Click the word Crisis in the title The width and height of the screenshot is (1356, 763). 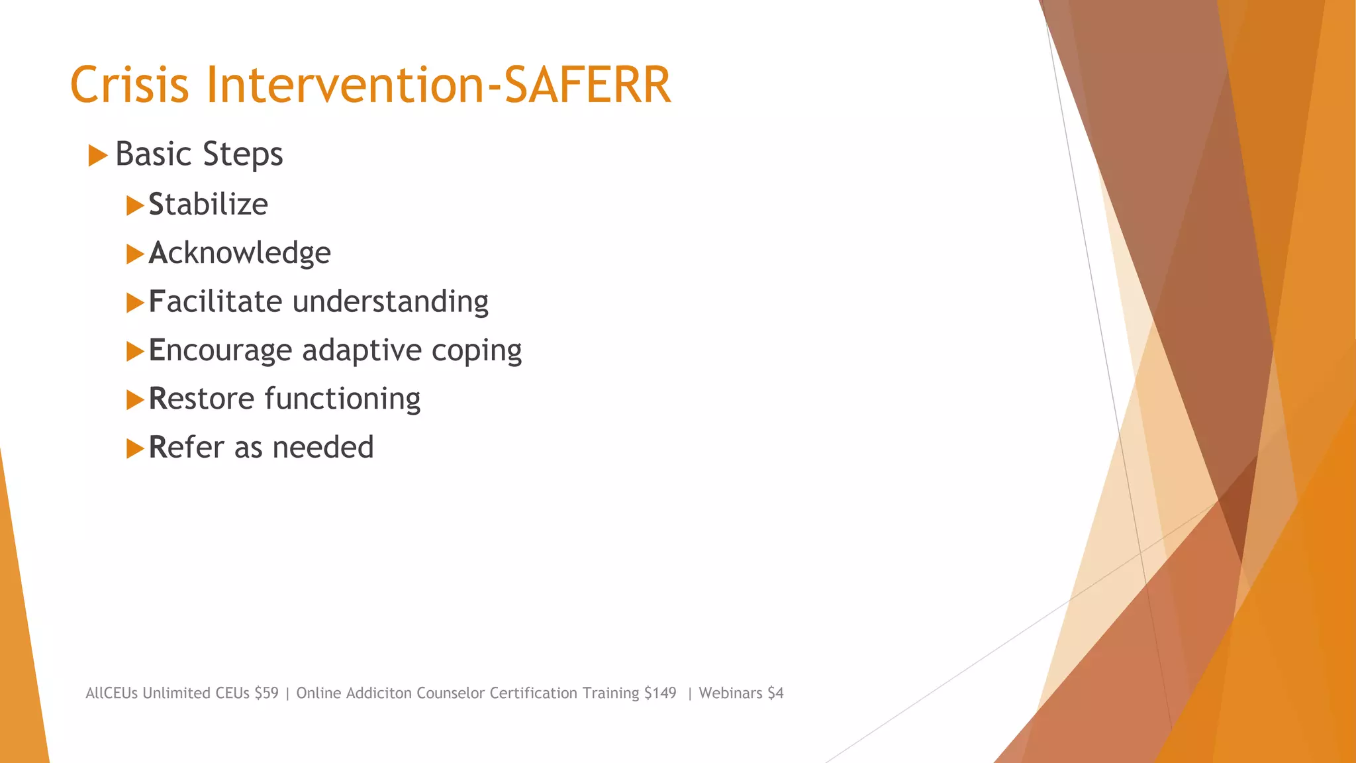[130, 85]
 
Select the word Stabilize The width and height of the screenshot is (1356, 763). [208, 204]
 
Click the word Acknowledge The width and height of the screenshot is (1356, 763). [239, 253]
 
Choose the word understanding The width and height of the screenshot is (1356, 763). [390, 301]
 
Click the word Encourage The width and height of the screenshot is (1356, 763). [220, 350]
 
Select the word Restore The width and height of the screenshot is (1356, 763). [201, 399]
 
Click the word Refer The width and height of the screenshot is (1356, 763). [186, 447]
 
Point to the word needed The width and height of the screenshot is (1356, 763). [323, 447]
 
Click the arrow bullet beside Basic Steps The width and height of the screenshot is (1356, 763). [97, 156]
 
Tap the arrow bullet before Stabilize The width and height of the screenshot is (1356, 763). [135, 205]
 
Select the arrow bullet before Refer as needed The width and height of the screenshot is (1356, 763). [135, 448]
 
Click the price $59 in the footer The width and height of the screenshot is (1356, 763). [266, 693]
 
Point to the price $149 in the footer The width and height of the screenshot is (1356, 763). [660, 693]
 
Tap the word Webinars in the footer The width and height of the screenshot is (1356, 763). [730, 693]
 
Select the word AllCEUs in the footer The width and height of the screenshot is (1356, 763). [111, 693]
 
